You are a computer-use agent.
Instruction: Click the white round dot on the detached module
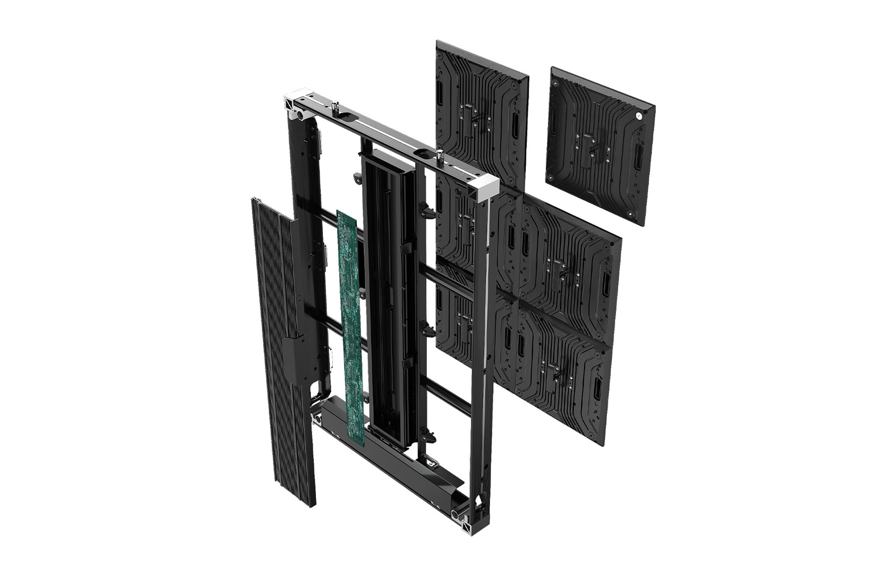[x=638, y=115]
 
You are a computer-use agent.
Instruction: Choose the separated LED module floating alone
[x=600, y=145]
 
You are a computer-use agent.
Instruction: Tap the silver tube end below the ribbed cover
[x=317, y=419]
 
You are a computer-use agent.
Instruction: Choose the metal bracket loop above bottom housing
[x=432, y=462]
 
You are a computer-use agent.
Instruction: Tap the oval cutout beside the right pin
[x=425, y=153]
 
